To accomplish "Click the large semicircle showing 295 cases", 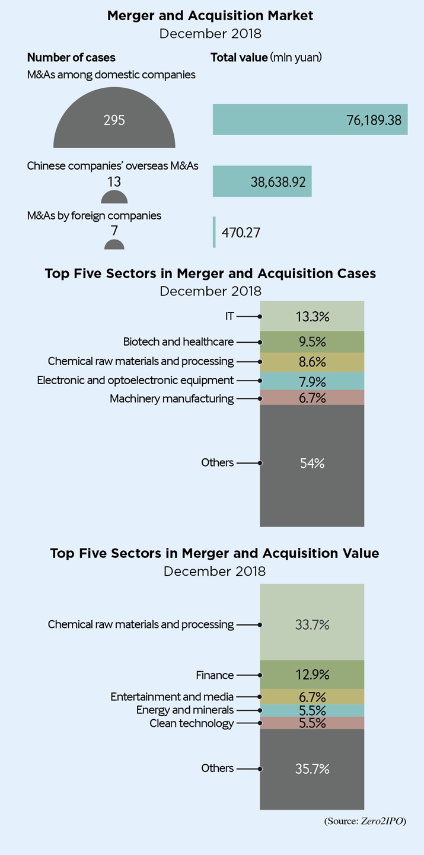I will pos(114,125).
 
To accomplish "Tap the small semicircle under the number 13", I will pos(114,198).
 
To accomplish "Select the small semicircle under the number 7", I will pos(114,244).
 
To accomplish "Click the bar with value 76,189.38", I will pos(310,119).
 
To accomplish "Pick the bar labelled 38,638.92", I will pos(262,181).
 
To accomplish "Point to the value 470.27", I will pos(241,232).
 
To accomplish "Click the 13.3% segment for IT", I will pos(312,316).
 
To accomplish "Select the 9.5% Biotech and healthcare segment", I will pos(312,342).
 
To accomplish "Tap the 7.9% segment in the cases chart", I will pos(312,381).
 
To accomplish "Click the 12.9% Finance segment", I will pos(312,675).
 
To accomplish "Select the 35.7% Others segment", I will pos(312,769).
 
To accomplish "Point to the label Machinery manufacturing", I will pos(171,398).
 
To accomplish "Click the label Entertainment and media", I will pos(172,697).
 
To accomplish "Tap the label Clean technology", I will pos(192,723).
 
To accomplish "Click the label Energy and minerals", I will pos(185,710).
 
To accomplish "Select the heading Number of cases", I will pos(71,58).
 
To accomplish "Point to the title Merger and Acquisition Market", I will pos(211,16).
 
